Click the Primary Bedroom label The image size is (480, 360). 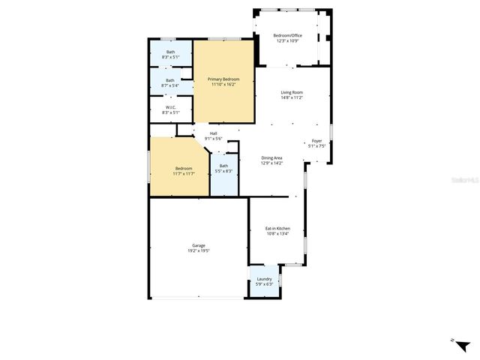(223, 79)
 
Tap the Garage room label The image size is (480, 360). (199, 245)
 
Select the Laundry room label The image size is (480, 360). (264, 278)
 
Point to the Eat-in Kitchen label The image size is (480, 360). (277, 228)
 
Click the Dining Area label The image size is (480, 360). (271, 157)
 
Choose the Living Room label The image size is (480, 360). (292, 91)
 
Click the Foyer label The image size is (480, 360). (317, 140)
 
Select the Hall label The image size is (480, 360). (214, 133)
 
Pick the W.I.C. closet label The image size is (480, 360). (170, 107)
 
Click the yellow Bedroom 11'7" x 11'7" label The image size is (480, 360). (184, 168)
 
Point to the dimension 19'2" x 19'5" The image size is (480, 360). (199, 250)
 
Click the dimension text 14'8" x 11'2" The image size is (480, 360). (292, 97)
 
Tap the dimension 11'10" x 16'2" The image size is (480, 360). (223, 84)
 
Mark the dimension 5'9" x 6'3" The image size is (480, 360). (264, 283)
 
